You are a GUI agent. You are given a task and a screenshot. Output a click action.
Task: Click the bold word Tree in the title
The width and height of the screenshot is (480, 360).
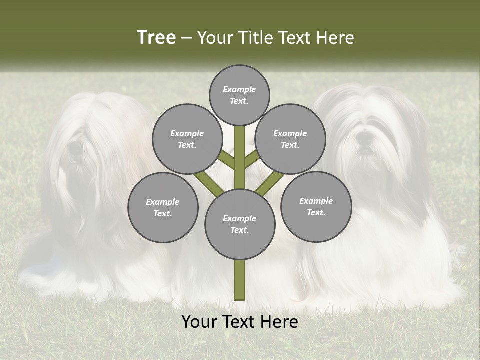(156, 38)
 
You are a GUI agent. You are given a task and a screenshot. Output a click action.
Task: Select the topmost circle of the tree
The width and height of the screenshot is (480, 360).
(239, 95)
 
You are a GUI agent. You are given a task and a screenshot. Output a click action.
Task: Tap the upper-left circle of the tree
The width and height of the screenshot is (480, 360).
(187, 139)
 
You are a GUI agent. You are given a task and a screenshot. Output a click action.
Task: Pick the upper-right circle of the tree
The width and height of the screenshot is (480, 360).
(290, 139)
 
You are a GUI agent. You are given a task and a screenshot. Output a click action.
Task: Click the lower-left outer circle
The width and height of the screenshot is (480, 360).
(163, 207)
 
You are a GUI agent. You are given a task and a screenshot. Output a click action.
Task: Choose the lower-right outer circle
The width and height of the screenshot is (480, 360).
(316, 206)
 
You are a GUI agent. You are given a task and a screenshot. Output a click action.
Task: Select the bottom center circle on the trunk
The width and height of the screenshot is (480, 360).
(240, 224)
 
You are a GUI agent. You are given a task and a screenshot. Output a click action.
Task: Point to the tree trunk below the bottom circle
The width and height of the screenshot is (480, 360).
(240, 280)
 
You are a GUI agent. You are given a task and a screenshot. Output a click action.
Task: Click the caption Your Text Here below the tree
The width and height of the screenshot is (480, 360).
(239, 322)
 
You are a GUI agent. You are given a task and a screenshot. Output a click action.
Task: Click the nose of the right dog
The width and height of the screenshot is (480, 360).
(365, 136)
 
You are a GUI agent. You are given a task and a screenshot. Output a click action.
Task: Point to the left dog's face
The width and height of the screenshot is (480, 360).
(75, 150)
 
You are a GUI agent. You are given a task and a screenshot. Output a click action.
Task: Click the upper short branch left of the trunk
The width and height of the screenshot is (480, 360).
(227, 159)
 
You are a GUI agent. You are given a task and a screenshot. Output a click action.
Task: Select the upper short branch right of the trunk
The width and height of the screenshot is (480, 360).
(252, 159)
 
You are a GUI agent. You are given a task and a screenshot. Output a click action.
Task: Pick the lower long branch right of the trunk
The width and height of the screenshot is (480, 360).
(270, 183)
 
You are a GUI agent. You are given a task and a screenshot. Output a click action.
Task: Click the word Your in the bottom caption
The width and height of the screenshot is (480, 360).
(200, 322)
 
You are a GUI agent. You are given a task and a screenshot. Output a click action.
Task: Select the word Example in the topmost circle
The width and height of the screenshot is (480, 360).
(239, 89)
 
